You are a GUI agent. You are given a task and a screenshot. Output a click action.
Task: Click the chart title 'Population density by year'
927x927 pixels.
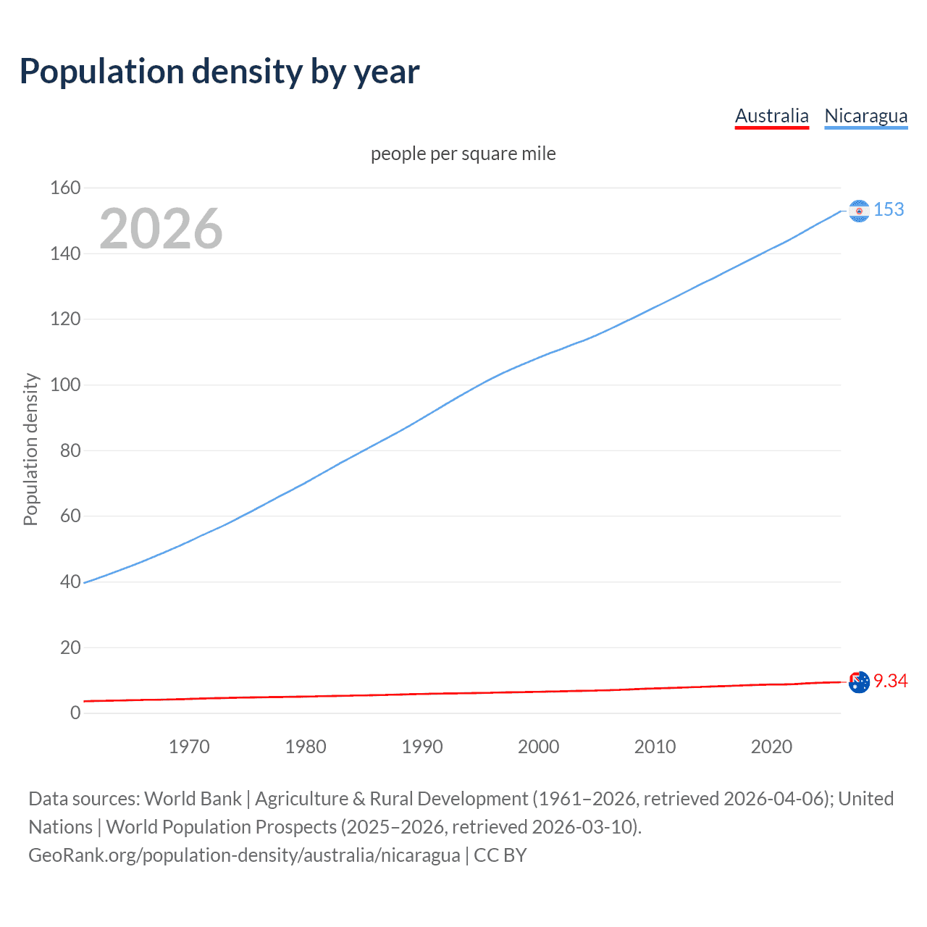219,72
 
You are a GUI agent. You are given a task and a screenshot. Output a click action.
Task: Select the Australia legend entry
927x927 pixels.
771,116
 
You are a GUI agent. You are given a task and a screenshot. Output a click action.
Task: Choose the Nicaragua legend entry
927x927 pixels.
865,116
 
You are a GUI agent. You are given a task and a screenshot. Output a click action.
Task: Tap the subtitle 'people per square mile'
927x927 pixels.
463,154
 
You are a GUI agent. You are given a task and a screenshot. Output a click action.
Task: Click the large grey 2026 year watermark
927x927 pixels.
161,229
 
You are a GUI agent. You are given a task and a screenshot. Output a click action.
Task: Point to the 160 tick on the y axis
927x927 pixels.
65,188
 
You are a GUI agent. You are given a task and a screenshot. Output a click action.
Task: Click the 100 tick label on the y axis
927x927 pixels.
65,385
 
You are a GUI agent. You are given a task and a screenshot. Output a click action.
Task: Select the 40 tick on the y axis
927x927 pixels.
70,582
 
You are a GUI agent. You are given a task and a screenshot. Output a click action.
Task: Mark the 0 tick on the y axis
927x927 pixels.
75,713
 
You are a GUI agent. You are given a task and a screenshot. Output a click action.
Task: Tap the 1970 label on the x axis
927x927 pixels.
189,747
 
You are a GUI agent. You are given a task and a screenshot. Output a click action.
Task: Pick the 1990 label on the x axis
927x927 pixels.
422,747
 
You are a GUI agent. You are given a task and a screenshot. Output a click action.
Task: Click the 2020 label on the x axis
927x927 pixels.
771,747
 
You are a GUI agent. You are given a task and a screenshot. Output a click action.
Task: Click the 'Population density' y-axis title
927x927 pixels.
30,449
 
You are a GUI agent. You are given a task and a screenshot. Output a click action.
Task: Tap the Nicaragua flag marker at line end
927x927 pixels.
859,211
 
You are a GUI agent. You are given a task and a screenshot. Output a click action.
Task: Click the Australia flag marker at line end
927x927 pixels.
859,682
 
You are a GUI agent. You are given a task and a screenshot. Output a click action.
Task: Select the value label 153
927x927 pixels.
889,210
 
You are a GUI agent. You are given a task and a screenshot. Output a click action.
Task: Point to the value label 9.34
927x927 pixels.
890,681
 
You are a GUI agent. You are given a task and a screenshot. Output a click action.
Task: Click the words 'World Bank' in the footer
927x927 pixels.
193,799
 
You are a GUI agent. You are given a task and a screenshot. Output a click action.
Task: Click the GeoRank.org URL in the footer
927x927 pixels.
244,855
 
